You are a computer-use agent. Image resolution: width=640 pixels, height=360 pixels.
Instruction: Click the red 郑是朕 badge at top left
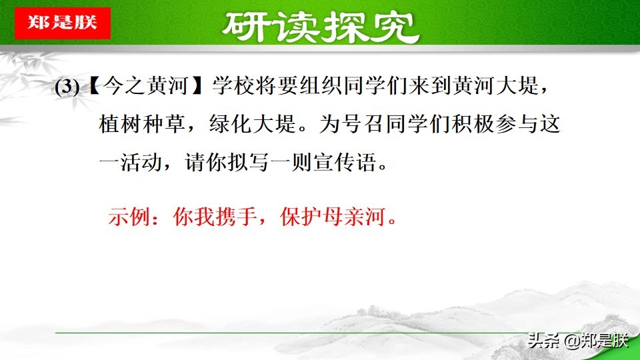pos(61,22)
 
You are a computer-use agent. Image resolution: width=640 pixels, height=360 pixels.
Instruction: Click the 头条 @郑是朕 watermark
pos(577,341)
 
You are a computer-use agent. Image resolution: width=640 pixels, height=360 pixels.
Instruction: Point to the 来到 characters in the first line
pos(410,87)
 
